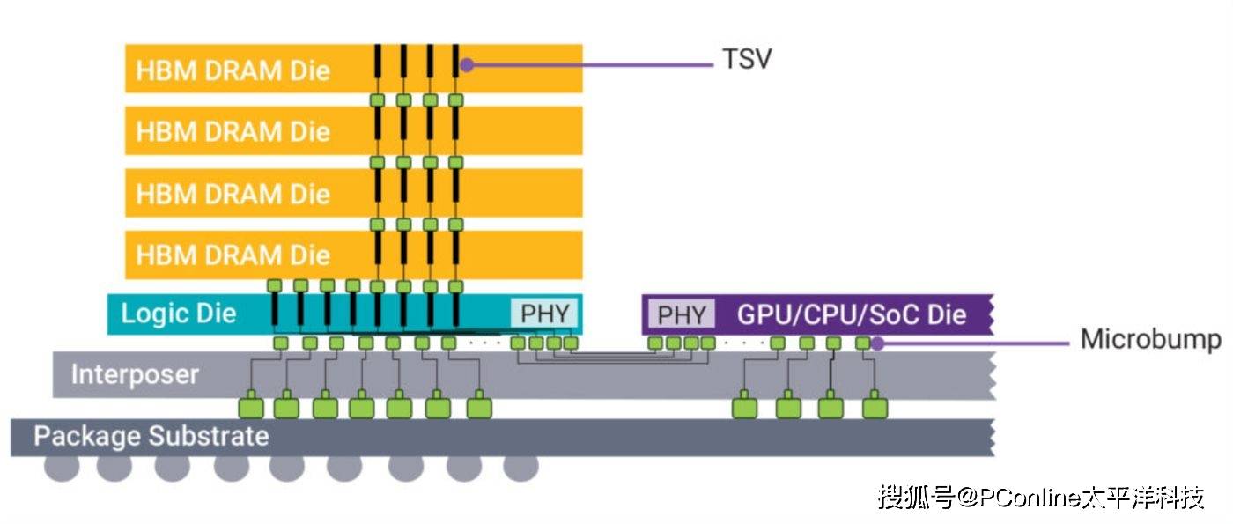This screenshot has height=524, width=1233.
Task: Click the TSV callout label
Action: (747, 61)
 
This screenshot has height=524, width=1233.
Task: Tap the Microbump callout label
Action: (1150, 340)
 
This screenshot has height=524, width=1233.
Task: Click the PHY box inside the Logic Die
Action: (544, 314)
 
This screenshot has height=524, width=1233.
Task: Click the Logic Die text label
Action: (179, 314)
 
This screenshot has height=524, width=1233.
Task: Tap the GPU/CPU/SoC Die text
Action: (852, 314)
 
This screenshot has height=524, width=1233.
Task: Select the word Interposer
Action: (135, 374)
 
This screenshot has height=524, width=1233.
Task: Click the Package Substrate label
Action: (151, 436)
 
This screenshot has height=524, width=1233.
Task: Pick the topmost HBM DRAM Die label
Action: (233, 70)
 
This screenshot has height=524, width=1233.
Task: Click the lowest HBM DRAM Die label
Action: (233, 255)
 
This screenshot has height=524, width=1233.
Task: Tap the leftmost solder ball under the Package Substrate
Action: (62, 468)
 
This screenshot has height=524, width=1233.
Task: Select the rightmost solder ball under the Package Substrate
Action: (521, 468)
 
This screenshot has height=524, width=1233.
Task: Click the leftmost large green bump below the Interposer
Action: (251, 408)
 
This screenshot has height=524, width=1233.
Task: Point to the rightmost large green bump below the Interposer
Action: (875, 408)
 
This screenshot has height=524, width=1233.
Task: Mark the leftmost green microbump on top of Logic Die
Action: (274, 285)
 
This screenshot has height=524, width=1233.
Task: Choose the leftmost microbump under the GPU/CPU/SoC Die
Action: (655, 343)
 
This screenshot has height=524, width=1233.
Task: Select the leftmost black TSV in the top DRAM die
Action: (377, 66)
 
